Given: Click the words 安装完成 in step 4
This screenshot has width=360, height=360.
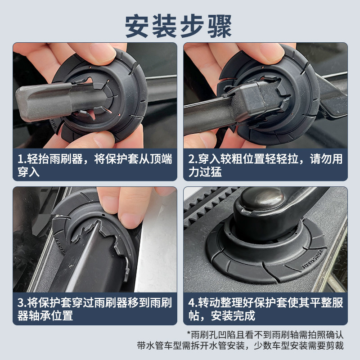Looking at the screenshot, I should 237,315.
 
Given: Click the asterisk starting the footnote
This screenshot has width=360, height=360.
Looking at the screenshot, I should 189,334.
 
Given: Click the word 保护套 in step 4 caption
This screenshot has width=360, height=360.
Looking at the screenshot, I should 270,302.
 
